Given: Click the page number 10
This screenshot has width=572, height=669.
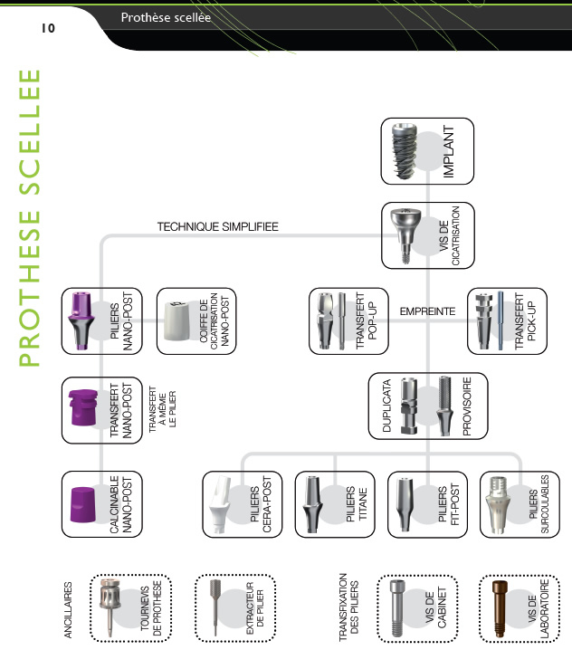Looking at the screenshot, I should click(48, 28).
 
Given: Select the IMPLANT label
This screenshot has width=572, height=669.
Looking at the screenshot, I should click(449, 155).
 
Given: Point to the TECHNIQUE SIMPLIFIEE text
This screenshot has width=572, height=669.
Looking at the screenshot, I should click(217, 226).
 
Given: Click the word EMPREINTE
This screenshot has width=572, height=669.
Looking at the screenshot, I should click(427, 311).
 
